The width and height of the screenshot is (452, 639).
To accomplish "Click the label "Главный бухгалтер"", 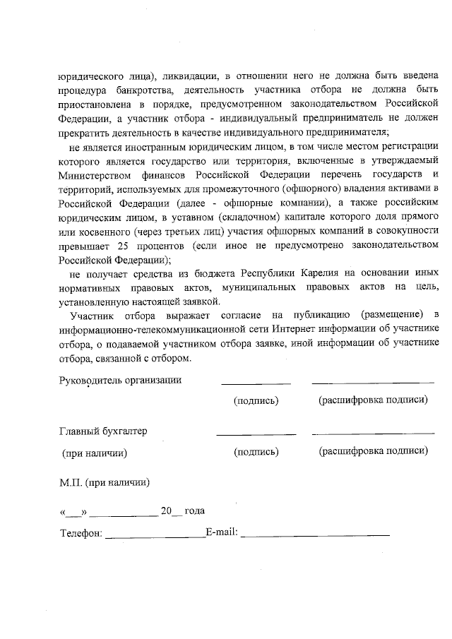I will pos(103,431).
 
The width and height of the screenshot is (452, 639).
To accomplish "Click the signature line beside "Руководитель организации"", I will pos(256,383).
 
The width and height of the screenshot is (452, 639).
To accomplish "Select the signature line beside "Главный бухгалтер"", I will pos(256,434).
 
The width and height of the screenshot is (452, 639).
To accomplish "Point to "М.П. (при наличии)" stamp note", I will pos(104,484).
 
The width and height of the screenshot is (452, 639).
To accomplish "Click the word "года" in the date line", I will pos(195,510).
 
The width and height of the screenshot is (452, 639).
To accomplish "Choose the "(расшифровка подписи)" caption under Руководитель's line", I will pos(373,400).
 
